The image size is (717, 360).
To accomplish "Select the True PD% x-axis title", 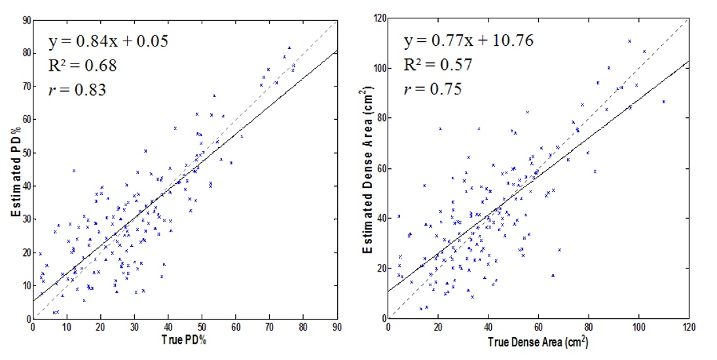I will [185, 340].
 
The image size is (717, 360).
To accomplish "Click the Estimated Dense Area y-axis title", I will [368, 169].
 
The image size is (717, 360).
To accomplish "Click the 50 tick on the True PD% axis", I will [202, 327].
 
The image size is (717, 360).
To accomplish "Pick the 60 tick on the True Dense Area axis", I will [538, 327].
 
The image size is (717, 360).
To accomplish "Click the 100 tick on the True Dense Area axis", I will [638, 327].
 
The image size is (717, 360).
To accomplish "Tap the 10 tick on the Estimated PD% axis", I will [25, 285].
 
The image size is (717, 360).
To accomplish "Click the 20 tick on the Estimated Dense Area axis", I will [379, 268].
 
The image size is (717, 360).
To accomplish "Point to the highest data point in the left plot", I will [289, 48].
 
